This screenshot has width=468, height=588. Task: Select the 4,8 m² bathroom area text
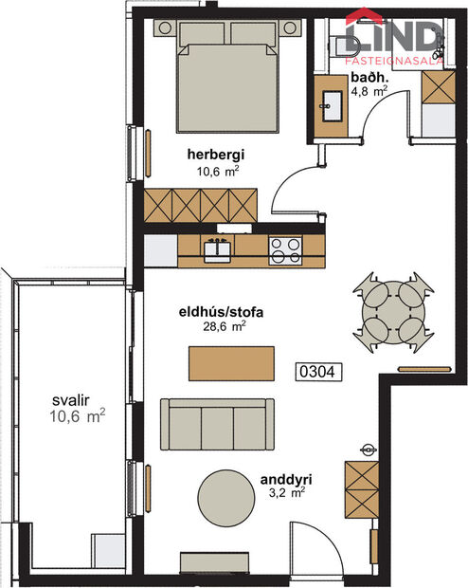(369, 92)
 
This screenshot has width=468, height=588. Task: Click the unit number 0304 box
(317, 372)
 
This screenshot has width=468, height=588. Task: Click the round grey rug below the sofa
(227, 495)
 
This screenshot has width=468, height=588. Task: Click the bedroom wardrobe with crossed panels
(201, 203)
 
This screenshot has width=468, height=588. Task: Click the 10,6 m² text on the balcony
(76, 415)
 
